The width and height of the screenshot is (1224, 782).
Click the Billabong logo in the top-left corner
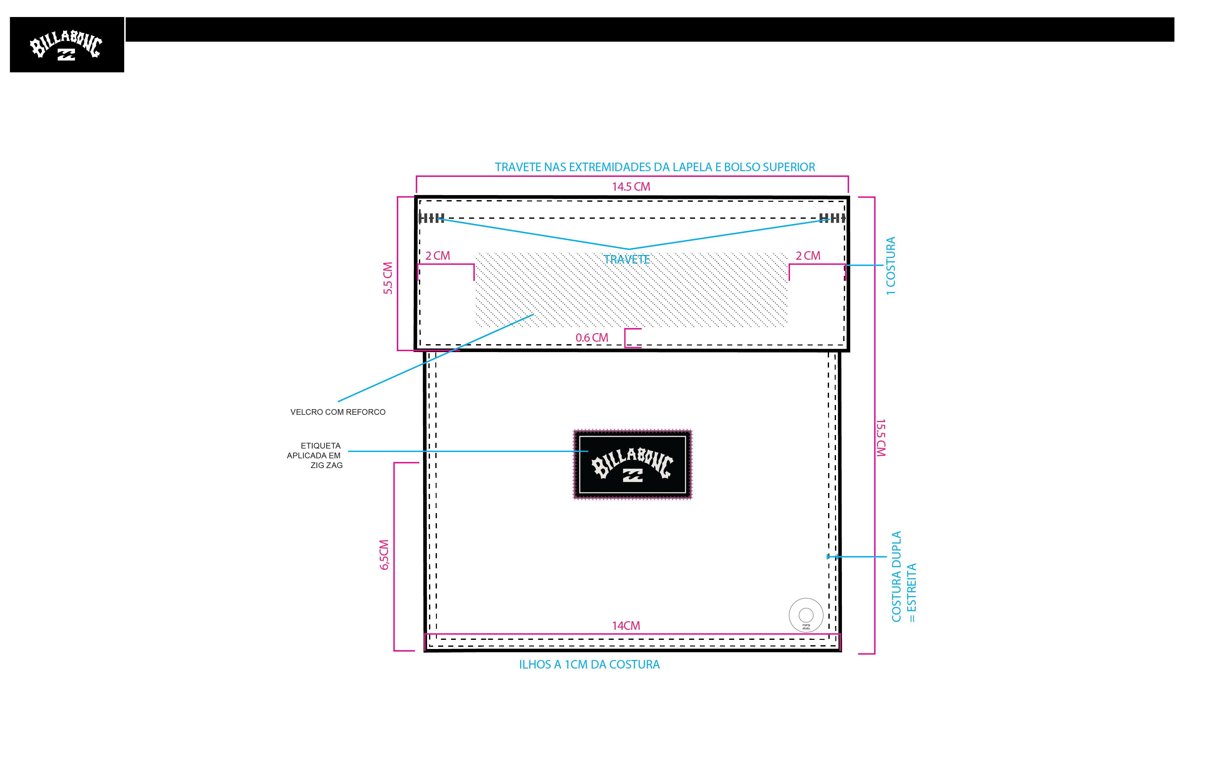tap(67, 45)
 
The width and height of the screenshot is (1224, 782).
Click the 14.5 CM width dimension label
tap(631, 187)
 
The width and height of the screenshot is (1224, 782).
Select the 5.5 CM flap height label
tap(388, 278)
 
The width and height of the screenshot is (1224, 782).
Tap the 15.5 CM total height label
tap(881, 438)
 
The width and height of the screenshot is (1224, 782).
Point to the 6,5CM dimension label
tap(384, 554)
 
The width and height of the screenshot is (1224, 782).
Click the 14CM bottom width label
tap(626, 625)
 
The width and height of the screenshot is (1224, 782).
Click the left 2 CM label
tap(438, 256)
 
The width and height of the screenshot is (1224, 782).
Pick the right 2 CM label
tap(808, 256)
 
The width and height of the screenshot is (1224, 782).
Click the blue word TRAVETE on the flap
tap(627, 260)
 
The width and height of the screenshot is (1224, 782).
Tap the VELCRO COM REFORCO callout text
tap(338, 412)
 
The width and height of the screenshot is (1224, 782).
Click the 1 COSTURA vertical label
tap(890, 266)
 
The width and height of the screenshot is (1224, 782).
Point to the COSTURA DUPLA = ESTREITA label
tap(904, 577)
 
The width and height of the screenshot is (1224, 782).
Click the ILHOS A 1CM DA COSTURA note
tap(589, 665)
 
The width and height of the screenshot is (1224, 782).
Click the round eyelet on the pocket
tap(806, 615)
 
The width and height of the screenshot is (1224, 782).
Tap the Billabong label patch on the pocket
tap(633, 464)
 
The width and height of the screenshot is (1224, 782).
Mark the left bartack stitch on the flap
tap(432, 218)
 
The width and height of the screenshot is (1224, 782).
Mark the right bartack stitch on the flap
tap(832, 218)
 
